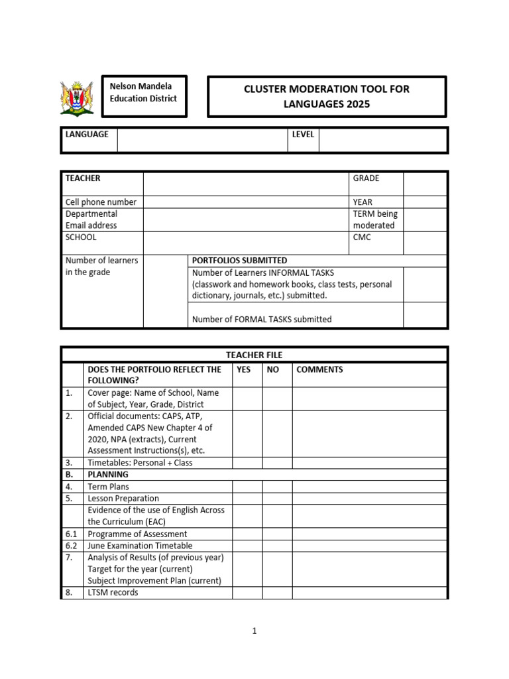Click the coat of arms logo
77,97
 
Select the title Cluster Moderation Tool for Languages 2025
327,96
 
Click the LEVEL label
302,135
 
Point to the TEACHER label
83,178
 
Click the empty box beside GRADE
425,184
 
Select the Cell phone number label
101,202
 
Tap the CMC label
362,237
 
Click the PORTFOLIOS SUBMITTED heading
239,261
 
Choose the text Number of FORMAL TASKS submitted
262,319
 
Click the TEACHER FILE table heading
254,355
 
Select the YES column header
244,369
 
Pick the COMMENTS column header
319,369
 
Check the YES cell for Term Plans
247,487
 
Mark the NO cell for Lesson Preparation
277,499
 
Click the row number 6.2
71,546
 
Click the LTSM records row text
113,593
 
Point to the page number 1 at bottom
254,631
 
